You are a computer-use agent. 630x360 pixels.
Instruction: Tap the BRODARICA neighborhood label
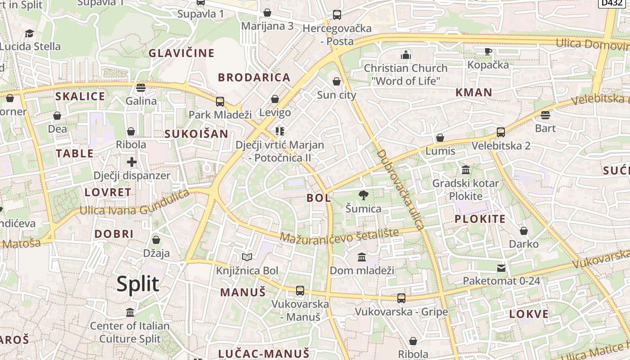(x=254, y=77)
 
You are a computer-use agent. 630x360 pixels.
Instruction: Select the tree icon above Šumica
(x=363, y=195)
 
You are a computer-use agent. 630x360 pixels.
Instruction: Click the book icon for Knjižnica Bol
(x=247, y=257)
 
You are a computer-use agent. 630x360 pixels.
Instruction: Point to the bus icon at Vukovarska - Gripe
(x=401, y=298)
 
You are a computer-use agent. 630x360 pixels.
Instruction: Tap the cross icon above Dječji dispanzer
(x=131, y=162)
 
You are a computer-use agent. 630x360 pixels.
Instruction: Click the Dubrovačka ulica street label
(x=400, y=189)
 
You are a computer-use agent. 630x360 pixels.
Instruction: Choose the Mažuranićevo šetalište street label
(x=340, y=235)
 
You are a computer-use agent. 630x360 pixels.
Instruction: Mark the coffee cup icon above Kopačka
(x=488, y=51)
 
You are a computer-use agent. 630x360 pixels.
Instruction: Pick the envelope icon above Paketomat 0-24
(x=501, y=268)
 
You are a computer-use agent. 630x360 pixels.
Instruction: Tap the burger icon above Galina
(x=141, y=87)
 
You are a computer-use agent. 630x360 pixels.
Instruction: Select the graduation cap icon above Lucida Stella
(x=30, y=33)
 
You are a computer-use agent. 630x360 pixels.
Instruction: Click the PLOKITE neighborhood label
(x=480, y=219)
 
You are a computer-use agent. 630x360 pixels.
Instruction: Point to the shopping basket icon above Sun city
(x=337, y=81)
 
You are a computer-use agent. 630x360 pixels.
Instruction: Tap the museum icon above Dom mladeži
(x=362, y=257)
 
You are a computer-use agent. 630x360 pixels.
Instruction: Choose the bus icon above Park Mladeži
(x=220, y=101)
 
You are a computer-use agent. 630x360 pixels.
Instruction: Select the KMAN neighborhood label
(x=474, y=93)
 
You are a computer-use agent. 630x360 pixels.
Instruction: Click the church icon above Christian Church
(x=406, y=55)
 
